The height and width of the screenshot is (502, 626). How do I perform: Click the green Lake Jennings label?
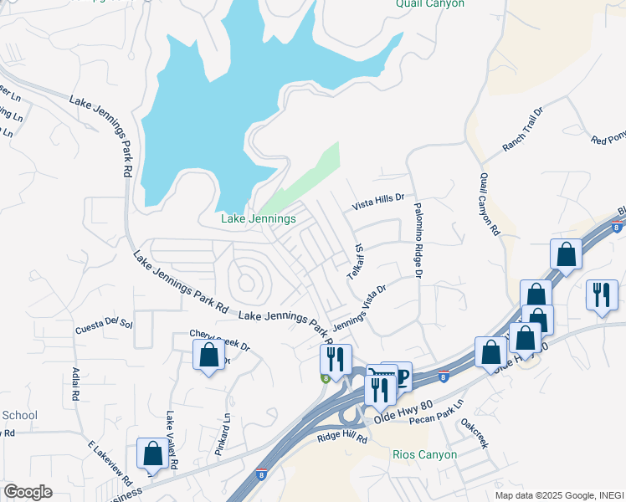[258, 219]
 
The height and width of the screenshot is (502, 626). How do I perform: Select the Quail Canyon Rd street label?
[489, 204]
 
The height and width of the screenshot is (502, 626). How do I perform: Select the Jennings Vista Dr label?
[360, 308]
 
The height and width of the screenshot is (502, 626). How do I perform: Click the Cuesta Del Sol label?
[104, 322]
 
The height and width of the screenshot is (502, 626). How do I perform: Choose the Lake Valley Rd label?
[171, 439]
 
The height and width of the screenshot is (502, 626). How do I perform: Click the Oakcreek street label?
[473, 433]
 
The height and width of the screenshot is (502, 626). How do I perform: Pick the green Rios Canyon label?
[424, 455]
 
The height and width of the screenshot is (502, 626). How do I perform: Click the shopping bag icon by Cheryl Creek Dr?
[208, 355]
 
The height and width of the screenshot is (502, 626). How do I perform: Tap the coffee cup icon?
[398, 376]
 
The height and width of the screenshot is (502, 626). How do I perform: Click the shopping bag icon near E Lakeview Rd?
[152, 453]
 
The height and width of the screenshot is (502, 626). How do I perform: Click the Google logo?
[28, 492]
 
